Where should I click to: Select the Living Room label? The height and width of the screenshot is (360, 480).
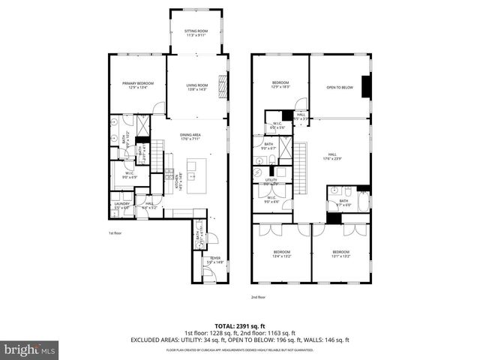point(197,87)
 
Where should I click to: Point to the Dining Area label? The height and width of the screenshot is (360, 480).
point(190,136)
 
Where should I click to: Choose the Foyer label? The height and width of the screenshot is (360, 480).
point(215,260)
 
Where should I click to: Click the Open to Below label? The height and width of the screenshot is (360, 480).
point(339,88)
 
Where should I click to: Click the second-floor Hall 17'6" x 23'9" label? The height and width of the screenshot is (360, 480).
point(331,157)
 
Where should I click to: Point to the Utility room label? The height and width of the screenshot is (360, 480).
point(271,181)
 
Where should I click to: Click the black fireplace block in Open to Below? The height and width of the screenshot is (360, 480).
point(365,87)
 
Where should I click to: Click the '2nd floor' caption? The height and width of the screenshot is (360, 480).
point(259,296)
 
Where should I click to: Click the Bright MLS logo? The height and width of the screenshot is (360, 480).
point(30,349)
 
